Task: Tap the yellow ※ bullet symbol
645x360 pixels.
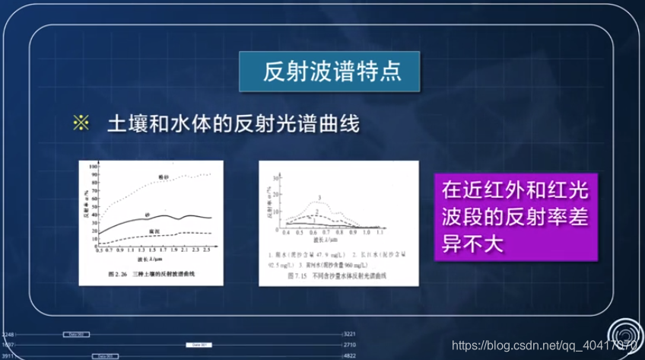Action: (81, 123)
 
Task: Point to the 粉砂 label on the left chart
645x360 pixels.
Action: (162, 176)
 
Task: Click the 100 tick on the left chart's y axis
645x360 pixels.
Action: (92, 165)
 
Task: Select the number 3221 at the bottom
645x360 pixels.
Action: (350, 334)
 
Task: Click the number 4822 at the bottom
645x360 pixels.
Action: (350, 355)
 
